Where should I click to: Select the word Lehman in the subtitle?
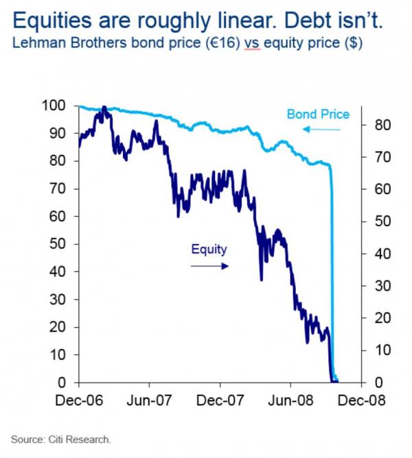(34, 43)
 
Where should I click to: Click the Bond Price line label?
(318, 114)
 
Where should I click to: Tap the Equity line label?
(209, 250)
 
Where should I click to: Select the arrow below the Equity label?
(209, 265)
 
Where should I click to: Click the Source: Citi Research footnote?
(60, 439)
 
